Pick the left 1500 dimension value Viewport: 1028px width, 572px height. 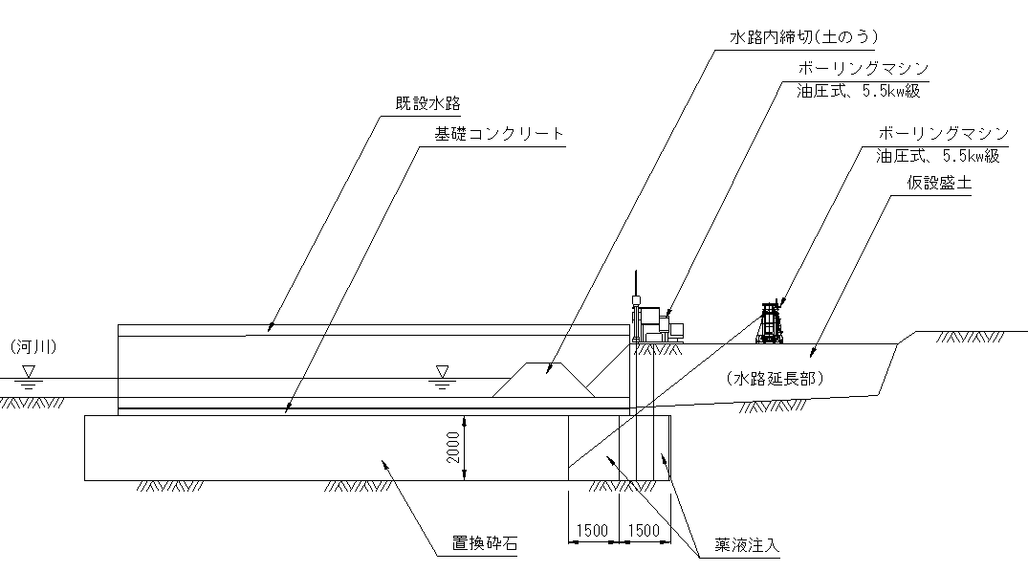(x=594, y=529)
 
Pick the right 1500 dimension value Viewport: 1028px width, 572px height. (x=645, y=529)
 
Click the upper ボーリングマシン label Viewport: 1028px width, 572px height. (x=863, y=70)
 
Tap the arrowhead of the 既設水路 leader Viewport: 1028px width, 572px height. (x=271, y=330)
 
